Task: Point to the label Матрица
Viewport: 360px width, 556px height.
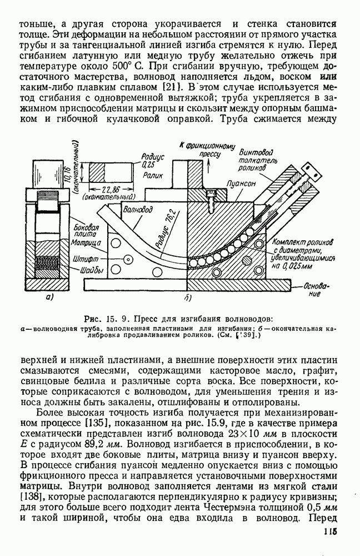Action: click(86, 244)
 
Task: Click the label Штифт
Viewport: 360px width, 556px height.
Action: click(85, 259)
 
